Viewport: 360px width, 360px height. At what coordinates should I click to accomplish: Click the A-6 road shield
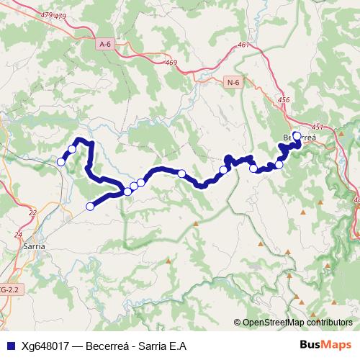[105, 45]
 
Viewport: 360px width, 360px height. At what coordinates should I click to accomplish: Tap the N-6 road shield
[232, 83]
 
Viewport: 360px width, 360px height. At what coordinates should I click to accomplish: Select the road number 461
[243, 45]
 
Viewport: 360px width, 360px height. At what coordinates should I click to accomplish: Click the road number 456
[283, 101]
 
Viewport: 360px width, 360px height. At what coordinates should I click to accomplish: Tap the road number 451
[318, 127]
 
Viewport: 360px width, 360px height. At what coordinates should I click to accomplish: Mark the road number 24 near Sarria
[18, 235]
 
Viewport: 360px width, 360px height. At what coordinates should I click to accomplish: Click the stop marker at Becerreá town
[297, 135]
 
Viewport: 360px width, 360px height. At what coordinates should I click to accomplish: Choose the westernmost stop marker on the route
[61, 162]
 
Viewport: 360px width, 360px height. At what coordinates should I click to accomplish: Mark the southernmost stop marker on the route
[90, 207]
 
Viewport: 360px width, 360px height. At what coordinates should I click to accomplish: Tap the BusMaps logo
[326, 346]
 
